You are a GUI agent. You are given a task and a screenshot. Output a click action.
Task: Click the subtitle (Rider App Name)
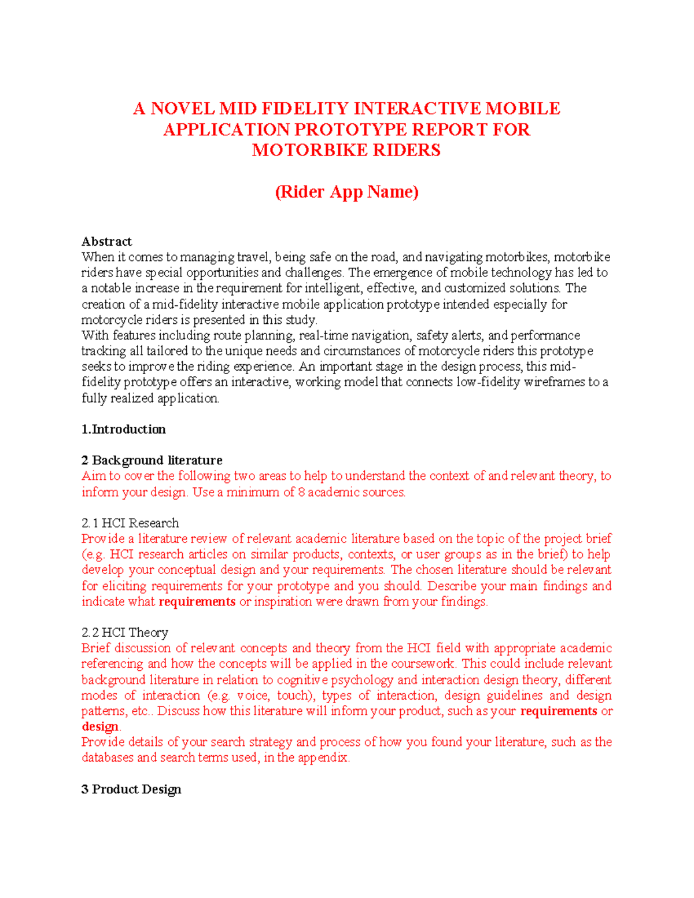coord(346,192)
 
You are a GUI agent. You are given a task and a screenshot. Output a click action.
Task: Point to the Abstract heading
coord(106,242)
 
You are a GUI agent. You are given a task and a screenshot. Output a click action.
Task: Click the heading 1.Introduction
coord(123,430)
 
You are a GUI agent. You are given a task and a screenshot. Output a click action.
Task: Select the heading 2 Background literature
coord(152,461)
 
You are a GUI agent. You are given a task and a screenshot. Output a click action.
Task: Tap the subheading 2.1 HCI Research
coord(130,523)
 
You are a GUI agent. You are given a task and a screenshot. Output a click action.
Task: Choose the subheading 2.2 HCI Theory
coord(125,633)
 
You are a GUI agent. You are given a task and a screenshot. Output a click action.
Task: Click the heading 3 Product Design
coord(131,790)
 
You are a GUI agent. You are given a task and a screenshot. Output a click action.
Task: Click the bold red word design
coord(100,727)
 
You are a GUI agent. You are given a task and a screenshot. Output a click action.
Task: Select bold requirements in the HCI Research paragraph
coord(197,602)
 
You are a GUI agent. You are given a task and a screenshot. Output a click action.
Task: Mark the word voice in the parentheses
coord(253,696)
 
